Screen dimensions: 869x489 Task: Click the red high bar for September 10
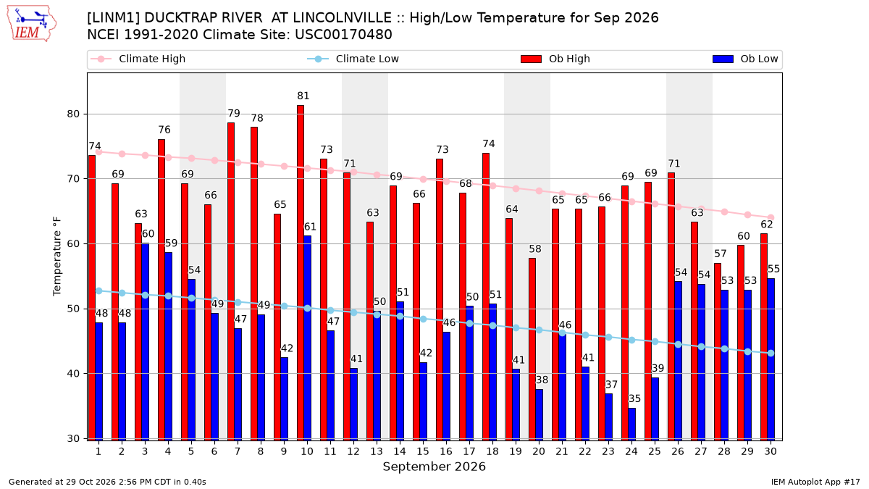click(301, 273)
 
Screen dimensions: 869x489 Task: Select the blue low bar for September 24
click(632, 425)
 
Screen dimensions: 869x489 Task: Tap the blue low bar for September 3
click(145, 342)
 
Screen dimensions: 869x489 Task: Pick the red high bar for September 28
click(718, 352)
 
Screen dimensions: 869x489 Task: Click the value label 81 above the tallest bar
click(303, 96)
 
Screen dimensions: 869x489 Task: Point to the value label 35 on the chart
click(634, 398)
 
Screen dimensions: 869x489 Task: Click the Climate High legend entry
click(138, 59)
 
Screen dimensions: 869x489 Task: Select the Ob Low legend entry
click(745, 59)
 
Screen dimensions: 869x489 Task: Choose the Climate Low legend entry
click(353, 59)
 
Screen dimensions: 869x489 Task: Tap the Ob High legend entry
click(555, 59)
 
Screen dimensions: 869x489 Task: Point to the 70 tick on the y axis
click(73, 179)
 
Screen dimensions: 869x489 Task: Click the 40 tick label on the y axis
click(73, 374)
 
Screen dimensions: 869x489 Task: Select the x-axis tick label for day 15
click(423, 451)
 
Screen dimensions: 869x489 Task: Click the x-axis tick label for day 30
click(771, 451)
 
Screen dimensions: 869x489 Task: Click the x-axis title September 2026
click(434, 467)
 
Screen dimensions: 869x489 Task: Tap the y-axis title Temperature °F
click(57, 257)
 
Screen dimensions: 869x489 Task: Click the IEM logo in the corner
click(32, 24)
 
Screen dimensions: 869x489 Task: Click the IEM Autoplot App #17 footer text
click(815, 482)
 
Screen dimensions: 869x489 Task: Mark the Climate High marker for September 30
click(771, 218)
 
